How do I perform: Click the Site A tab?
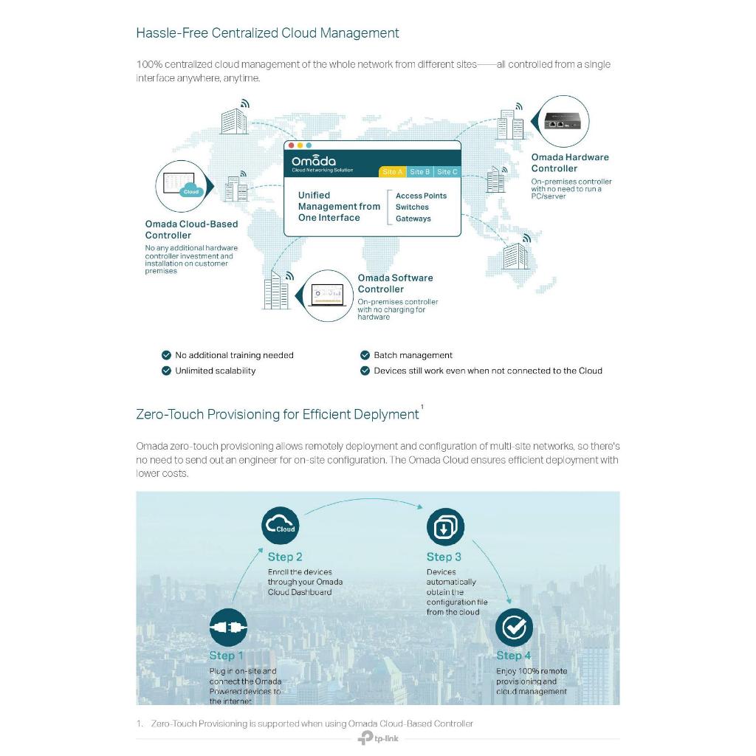coord(392,172)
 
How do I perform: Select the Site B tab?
coord(419,172)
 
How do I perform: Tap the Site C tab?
coord(447,172)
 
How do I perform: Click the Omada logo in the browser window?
coord(314,162)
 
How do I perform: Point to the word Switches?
coord(412,207)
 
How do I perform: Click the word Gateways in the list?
coord(413,219)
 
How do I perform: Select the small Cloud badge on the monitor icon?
coord(191,191)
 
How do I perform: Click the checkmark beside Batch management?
coord(365,355)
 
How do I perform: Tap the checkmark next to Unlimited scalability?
coord(166,371)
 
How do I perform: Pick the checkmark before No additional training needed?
coord(166,355)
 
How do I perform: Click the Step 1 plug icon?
coord(228,628)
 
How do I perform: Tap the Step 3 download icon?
coord(445,527)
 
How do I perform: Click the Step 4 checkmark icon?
coord(513,628)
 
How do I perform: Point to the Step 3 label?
coord(444,557)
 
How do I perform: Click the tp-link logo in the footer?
coord(378,738)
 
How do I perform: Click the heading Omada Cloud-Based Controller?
coord(191,230)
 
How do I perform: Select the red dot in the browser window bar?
coord(291,145)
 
